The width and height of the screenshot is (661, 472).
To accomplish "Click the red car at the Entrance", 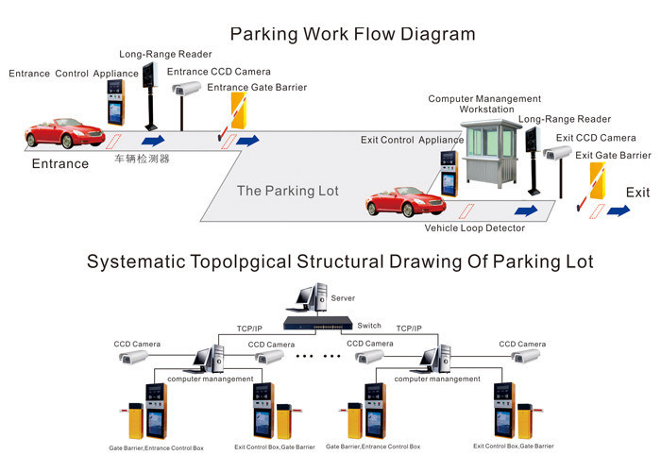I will click(65, 133).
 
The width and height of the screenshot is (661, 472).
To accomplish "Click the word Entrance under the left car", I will click(60, 163).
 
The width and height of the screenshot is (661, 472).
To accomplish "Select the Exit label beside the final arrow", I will click(637, 192).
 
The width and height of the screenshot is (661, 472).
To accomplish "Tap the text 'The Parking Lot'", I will click(287, 191).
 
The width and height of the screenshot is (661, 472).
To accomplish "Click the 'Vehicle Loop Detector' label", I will click(475, 228).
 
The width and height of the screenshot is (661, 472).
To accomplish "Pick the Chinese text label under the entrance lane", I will click(143, 159).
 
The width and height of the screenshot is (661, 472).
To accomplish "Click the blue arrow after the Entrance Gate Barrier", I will click(247, 141).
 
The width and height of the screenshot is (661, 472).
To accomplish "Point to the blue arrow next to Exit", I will click(619, 211).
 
